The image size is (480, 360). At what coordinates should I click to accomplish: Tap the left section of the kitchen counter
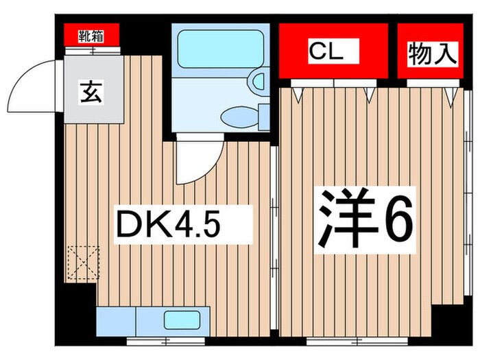117,320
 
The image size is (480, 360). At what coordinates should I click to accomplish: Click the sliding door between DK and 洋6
274,206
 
